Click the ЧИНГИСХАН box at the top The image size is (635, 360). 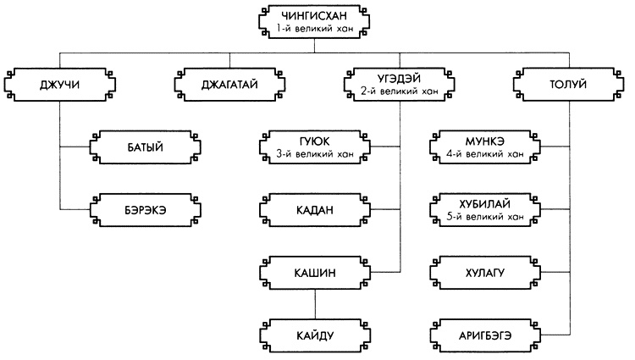(314, 21)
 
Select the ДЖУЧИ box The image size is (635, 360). (58, 85)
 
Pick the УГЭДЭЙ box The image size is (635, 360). (399, 85)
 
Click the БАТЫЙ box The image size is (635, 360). (145, 147)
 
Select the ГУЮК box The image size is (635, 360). (314, 147)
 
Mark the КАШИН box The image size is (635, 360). (314, 272)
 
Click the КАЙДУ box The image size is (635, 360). (314, 335)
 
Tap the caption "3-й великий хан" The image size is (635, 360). (314, 153)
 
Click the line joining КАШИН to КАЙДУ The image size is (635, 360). (314, 303)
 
